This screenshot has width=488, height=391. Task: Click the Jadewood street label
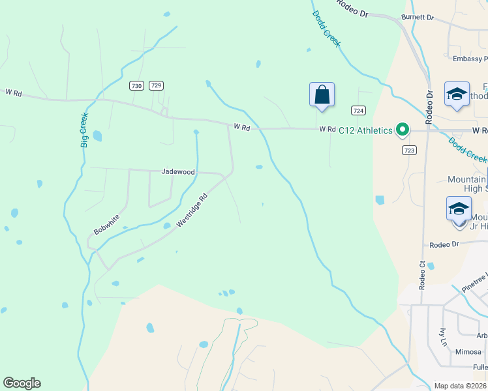click(x=178, y=172)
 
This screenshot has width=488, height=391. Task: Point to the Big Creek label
click(x=84, y=130)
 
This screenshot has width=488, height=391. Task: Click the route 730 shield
click(x=136, y=85)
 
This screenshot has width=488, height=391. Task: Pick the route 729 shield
click(x=156, y=85)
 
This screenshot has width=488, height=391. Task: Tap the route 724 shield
click(x=358, y=110)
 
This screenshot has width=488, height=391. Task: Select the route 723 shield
click(x=409, y=150)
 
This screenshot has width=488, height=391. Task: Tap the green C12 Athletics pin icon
click(x=403, y=130)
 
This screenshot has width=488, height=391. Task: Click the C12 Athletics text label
click(x=365, y=130)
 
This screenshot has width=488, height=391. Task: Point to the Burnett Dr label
click(x=418, y=18)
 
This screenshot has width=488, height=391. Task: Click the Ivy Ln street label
click(x=443, y=337)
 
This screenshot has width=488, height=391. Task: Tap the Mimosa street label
click(x=468, y=351)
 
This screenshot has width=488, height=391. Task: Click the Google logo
click(x=22, y=383)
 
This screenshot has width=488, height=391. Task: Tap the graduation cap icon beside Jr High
click(x=458, y=209)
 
